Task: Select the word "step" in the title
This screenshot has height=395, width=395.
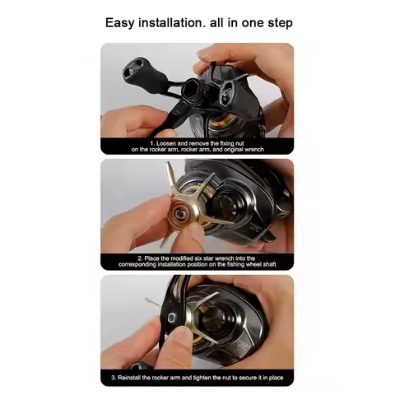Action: (276, 23)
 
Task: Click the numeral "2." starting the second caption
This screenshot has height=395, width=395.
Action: (128, 258)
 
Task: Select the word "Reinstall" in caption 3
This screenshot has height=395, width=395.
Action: (144, 377)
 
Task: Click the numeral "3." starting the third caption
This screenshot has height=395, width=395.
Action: (115, 377)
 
